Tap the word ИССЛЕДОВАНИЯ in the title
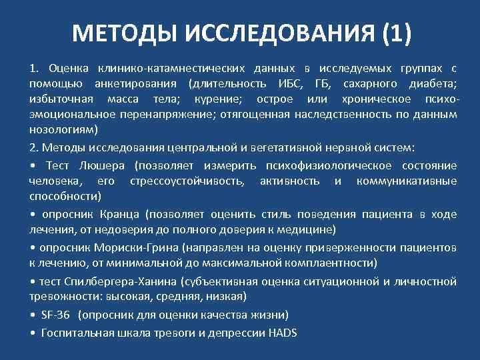click(x=270, y=32)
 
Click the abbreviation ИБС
click(x=288, y=84)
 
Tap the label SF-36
click(x=56, y=314)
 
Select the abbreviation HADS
click(x=282, y=333)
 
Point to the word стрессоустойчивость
click(x=189, y=181)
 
